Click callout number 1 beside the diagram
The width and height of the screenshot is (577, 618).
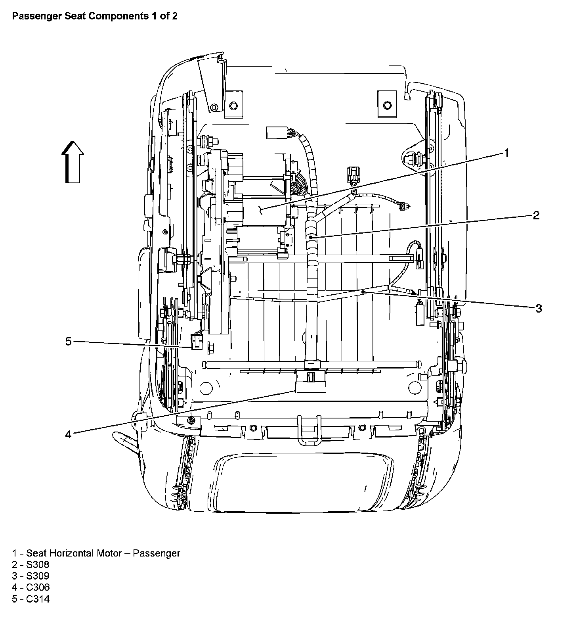(x=506, y=153)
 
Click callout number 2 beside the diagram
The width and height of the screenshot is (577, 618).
(x=536, y=215)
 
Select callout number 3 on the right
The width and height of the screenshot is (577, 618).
(x=539, y=308)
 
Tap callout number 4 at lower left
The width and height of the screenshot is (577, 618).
(x=69, y=435)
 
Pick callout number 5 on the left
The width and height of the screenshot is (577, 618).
(x=69, y=341)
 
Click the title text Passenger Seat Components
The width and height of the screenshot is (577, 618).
(x=95, y=16)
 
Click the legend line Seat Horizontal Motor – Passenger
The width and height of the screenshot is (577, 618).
(x=96, y=553)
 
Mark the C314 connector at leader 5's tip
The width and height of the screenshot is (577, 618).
(x=196, y=342)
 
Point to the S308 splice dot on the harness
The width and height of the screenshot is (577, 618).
(x=311, y=237)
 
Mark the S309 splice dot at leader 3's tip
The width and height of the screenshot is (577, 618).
(x=363, y=292)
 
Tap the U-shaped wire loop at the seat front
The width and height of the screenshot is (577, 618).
(x=309, y=431)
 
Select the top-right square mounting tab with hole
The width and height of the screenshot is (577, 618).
(x=386, y=105)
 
